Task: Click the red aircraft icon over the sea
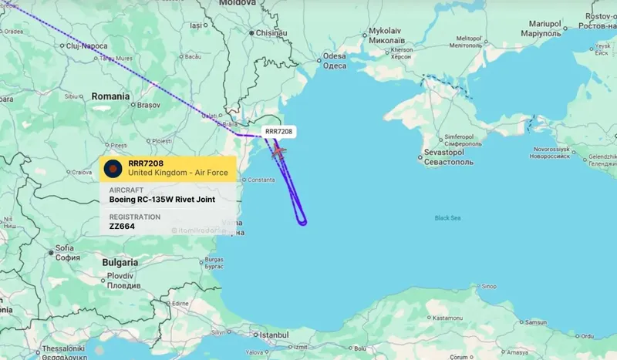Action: pos(278,150)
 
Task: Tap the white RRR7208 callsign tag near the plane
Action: pos(278,132)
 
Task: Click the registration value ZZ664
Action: pos(122,227)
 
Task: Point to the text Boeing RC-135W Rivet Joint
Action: pos(162,199)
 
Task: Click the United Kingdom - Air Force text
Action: pos(167,173)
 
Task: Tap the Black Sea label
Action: pos(448,218)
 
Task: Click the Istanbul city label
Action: pos(274,335)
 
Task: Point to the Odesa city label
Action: pos(334,56)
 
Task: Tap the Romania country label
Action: pos(110,96)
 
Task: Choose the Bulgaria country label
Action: pos(120,262)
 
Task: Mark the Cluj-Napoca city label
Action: pos(86,46)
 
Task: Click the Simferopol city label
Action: pos(464,136)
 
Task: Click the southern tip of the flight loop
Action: pos(303,224)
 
